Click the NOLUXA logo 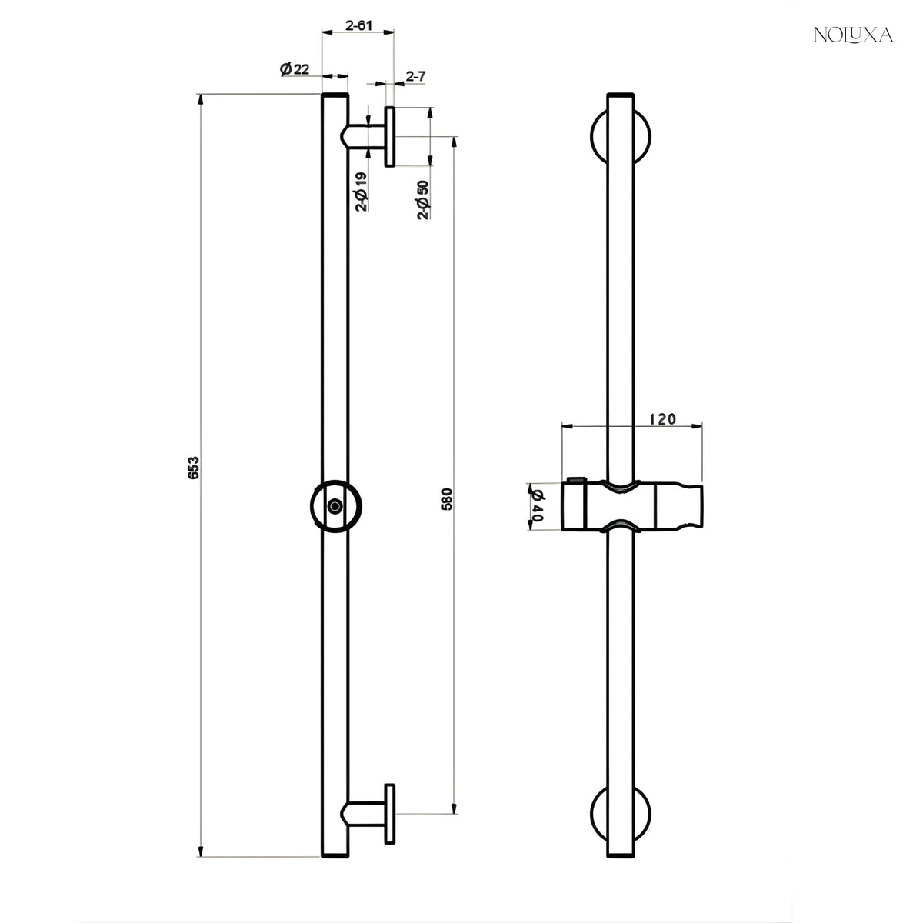click(x=853, y=35)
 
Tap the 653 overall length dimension click(x=193, y=468)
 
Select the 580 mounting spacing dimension click(x=446, y=499)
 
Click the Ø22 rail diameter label click(x=295, y=69)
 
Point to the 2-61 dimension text click(x=358, y=25)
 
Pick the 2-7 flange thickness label click(x=416, y=75)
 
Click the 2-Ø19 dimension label click(x=362, y=192)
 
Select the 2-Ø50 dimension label click(x=423, y=200)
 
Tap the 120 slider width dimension click(x=663, y=419)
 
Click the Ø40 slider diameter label click(x=536, y=507)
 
